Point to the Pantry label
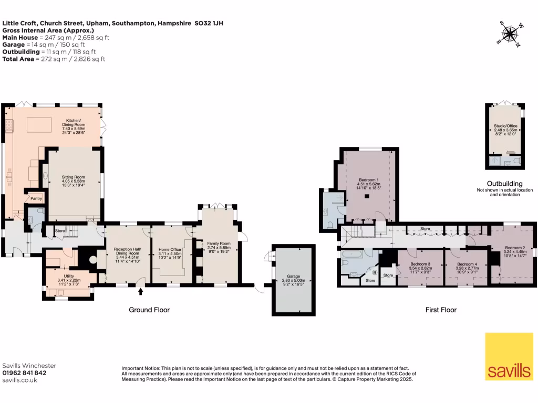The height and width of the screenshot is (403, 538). (36, 198)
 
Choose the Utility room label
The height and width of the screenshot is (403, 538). (69, 275)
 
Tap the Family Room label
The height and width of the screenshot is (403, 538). (219, 243)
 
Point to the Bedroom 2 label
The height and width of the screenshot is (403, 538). (515, 248)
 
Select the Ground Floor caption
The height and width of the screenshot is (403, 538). (149, 310)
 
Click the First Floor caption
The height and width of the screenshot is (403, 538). (441, 310)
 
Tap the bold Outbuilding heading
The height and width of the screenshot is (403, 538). (504, 184)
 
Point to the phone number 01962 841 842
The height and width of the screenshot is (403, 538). (25, 373)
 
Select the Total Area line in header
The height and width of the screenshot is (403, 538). (54, 59)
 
